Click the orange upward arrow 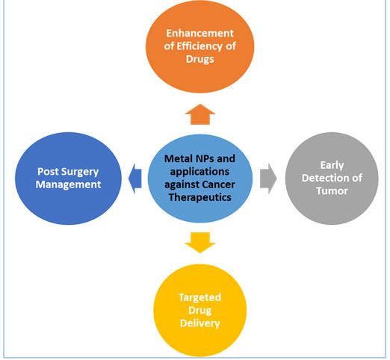click(x=200, y=114)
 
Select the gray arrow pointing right click(x=268, y=179)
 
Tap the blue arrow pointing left click(x=135, y=179)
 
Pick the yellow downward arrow click(x=200, y=243)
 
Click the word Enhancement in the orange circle click(x=200, y=34)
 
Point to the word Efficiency click(x=200, y=46)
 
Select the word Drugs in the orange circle click(x=200, y=60)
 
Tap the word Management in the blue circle click(x=68, y=184)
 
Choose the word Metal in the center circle click(x=175, y=158)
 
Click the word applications click(x=199, y=172)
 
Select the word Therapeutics click(x=200, y=197)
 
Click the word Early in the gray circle click(x=332, y=165)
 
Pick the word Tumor click(x=332, y=191)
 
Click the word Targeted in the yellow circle click(x=200, y=298)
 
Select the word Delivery click(x=200, y=323)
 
